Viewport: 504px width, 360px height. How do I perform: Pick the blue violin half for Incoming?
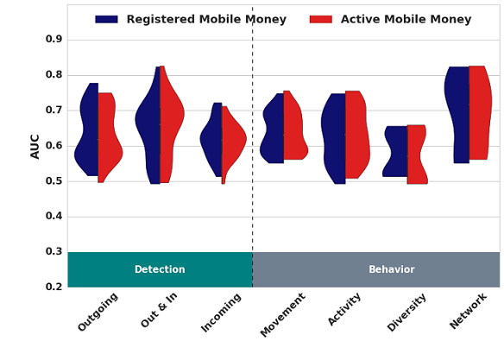click(x=212, y=139)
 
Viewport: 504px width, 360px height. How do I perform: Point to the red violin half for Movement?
click(x=294, y=125)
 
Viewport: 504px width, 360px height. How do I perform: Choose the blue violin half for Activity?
click(x=334, y=138)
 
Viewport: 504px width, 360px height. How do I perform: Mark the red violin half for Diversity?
click(x=416, y=155)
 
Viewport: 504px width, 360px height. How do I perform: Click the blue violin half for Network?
click(x=458, y=115)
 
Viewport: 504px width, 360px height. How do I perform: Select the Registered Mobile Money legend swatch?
click(x=106, y=19)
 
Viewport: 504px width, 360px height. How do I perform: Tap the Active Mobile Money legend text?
click(x=406, y=19)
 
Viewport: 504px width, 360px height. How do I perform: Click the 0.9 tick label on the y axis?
click(x=54, y=39)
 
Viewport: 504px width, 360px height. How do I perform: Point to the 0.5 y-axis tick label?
click(x=54, y=181)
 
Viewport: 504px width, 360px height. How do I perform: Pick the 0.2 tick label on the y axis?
click(x=54, y=287)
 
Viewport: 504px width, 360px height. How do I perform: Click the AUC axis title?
click(x=35, y=147)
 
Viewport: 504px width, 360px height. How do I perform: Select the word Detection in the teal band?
click(x=160, y=269)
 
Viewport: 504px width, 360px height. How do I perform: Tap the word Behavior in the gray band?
click(x=392, y=269)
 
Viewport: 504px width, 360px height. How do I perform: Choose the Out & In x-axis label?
click(x=159, y=311)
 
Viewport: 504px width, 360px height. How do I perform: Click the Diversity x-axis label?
click(x=406, y=313)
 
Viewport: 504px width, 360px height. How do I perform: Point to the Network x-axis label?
click(x=468, y=311)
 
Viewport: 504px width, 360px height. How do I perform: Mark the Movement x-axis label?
click(x=282, y=315)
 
